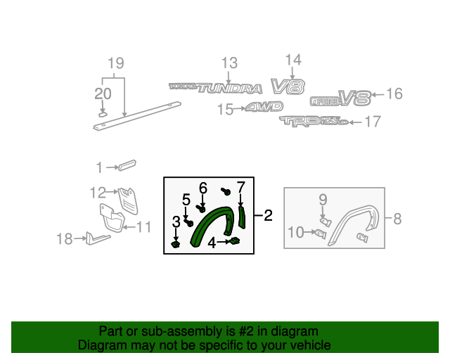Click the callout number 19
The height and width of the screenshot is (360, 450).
click(115, 64)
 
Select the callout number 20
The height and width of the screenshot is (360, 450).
click(103, 94)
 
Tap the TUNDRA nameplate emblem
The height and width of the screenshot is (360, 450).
click(215, 88)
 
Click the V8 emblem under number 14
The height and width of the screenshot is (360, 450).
click(288, 86)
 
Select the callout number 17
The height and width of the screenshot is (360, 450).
click(372, 122)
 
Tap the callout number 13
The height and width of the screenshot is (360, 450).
click(229, 64)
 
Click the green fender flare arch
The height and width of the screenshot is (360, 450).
click(211, 223)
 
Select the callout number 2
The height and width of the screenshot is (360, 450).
click(268, 216)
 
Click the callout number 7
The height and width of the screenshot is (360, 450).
click(240, 187)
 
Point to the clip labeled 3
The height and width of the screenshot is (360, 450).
click(176, 244)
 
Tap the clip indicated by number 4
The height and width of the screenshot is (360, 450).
click(235, 242)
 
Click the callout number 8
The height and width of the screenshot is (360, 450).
click(397, 219)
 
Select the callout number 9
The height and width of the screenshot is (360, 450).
click(323, 200)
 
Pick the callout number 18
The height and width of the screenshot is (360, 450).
click(63, 240)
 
